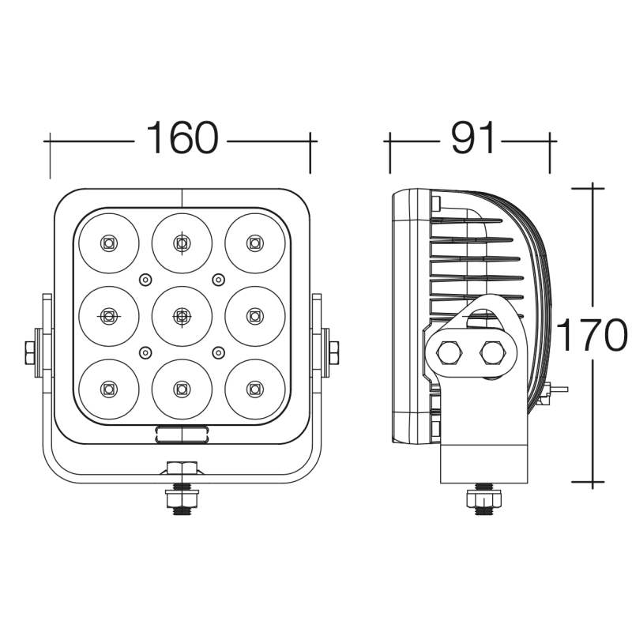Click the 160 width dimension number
click(182, 137)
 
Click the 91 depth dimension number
click(472, 137)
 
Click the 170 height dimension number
click(592, 334)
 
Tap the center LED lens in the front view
click(182, 317)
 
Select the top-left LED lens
click(109, 243)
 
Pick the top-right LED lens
click(254, 243)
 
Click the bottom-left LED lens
click(109, 389)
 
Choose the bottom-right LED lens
click(254, 389)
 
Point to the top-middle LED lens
click(182, 243)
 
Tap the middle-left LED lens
click(109, 317)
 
